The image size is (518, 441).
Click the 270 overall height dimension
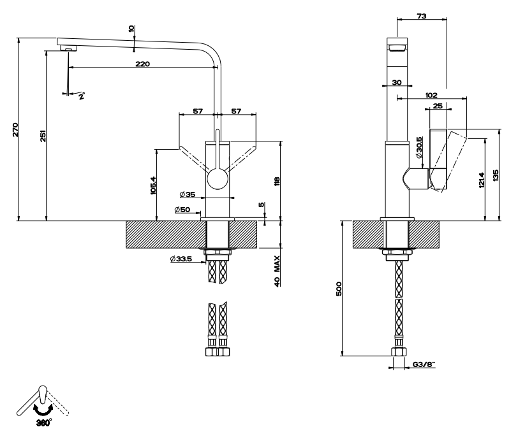(x=15, y=129)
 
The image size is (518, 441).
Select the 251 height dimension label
(x=43, y=136)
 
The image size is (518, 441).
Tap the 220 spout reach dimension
(x=142, y=64)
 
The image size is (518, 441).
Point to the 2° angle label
(x=82, y=96)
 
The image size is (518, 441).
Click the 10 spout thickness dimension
(x=131, y=29)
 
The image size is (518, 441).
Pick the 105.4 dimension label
(x=153, y=185)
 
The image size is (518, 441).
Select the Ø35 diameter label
(x=188, y=194)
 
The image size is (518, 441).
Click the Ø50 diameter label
(x=182, y=209)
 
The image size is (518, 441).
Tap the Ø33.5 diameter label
(x=181, y=259)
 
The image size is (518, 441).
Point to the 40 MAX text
(x=277, y=271)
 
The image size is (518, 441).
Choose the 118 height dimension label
(x=277, y=181)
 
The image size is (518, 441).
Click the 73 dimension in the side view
(x=422, y=15)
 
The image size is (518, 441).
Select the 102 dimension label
(x=431, y=95)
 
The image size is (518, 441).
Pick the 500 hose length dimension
(x=339, y=289)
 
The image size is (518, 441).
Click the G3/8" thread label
(x=424, y=365)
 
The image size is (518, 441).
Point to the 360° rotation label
(x=44, y=423)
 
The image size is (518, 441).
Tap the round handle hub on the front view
(x=218, y=179)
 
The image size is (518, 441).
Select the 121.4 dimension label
(x=482, y=180)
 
